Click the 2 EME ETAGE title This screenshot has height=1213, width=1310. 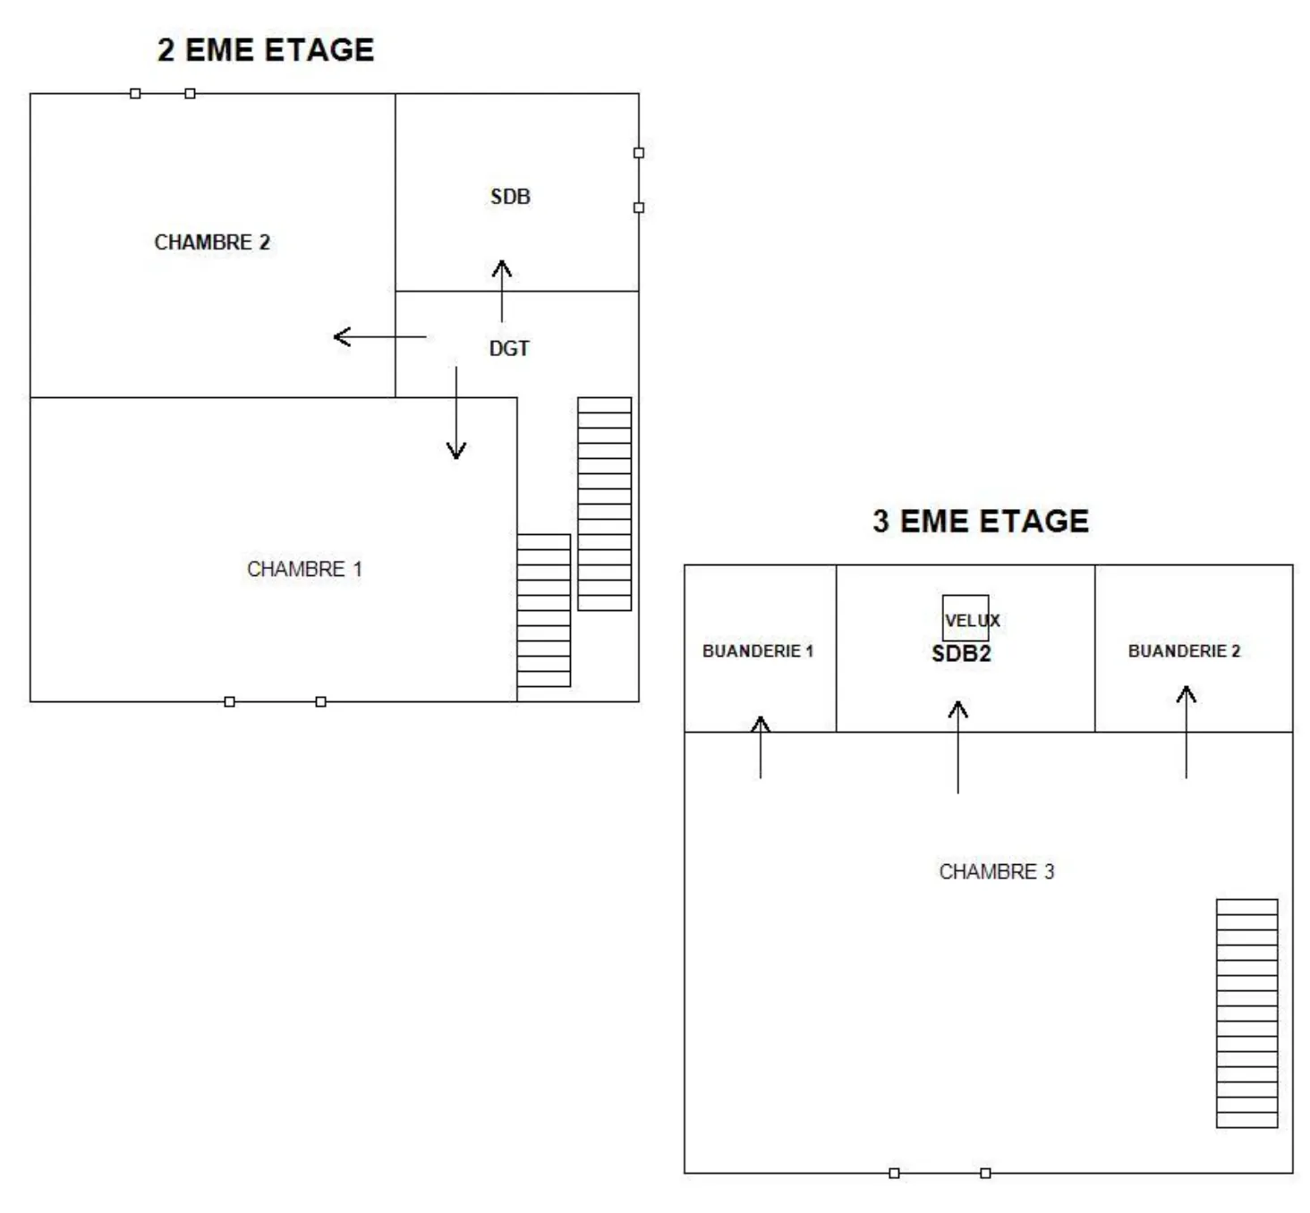point(266,50)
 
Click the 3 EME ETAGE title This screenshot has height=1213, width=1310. point(980,521)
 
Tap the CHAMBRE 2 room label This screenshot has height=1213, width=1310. point(212,242)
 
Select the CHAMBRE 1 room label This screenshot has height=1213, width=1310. point(304,569)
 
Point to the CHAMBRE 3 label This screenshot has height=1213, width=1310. point(996,871)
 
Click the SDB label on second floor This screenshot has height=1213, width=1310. point(510,197)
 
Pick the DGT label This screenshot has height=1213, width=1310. point(509,349)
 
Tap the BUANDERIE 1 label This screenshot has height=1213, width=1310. point(757,651)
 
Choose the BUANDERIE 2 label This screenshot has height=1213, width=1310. point(1183,651)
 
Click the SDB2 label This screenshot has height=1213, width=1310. point(961,654)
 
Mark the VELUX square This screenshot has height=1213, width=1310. point(965,617)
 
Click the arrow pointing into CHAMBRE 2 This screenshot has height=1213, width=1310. point(379,337)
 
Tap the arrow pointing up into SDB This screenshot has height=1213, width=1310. point(502,291)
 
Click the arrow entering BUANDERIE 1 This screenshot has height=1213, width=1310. point(761,747)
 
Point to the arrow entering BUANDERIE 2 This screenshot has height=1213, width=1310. point(1187,732)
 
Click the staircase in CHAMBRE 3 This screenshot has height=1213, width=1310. point(1246,1013)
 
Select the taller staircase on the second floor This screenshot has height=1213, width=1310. point(604,504)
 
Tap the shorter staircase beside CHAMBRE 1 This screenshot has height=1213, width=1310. point(543,610)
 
